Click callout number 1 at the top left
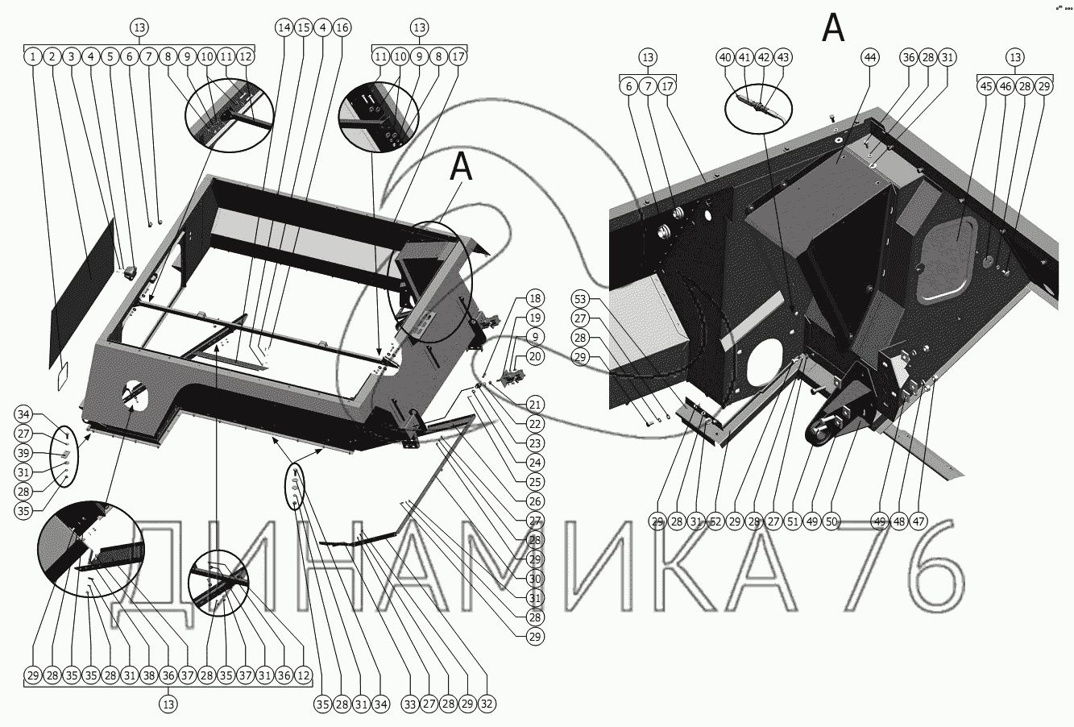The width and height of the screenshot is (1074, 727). pos(32,56)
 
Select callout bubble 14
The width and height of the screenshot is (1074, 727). pos(284,28)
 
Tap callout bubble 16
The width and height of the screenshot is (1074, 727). pos(342,28)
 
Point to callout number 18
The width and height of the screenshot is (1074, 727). pos(534,298)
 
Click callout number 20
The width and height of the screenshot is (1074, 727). pos(534,356)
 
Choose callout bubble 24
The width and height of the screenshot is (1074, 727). pos(534,463)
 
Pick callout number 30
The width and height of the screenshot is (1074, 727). pos(534,579)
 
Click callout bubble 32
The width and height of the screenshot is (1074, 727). pos(486,704)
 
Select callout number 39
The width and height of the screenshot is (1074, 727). pos(23,453)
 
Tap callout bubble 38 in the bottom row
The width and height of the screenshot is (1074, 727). pos(148,675)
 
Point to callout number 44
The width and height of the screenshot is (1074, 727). pos(869,57)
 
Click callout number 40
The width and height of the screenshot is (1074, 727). pos(725,57)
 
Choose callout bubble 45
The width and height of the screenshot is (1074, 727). pos(986,87)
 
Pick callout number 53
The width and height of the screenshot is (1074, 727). pos(580,299)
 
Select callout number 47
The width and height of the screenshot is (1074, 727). pos(918,521)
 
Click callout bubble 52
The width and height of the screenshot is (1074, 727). pos(715,521)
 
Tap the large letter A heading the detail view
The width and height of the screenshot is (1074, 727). pos(833,28)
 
